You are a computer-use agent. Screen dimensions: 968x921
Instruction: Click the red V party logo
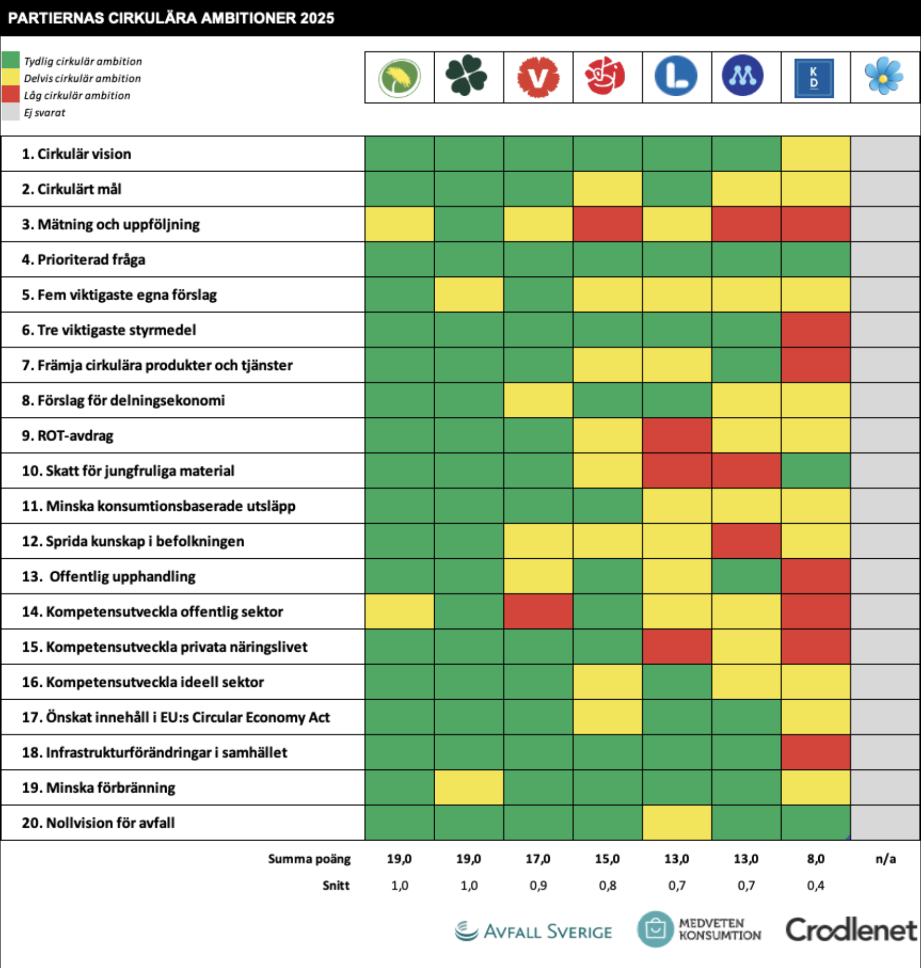tap(538, 77)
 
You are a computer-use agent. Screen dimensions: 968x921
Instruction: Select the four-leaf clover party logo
tap(466, 76)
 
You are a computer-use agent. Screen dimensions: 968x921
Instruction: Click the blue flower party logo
tap(884, 77)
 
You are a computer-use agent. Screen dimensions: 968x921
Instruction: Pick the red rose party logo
tap(605, 76)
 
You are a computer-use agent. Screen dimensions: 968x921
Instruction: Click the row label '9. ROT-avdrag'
tap(68, 436)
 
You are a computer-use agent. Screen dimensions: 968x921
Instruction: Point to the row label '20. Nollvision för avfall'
tap(98, 823)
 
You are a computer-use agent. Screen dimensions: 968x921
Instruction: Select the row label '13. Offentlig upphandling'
tap(109, 576)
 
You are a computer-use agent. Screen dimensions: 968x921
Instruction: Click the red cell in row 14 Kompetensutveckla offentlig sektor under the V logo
tap(538, 611)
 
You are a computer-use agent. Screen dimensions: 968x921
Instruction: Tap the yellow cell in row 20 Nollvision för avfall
tap(677, 823)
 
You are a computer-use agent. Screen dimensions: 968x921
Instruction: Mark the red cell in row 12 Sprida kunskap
tap(746, 541)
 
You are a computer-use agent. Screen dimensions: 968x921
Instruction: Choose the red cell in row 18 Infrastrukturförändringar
tap(816, 752)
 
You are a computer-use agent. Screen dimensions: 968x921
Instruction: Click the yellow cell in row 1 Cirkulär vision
tap(816, 154)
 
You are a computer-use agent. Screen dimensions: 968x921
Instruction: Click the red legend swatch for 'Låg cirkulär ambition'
tap(11, 95)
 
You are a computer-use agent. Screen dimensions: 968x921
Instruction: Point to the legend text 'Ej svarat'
tap(45, 113)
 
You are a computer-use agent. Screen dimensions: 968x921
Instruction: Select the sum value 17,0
tap(538, 859)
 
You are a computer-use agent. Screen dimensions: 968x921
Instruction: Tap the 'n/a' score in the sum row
tap(885, 859)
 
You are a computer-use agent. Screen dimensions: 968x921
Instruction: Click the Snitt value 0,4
tap(816, 885)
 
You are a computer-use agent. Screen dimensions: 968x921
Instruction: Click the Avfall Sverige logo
tap(534, 931)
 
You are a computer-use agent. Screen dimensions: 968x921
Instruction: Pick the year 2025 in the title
tap(317, 18)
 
